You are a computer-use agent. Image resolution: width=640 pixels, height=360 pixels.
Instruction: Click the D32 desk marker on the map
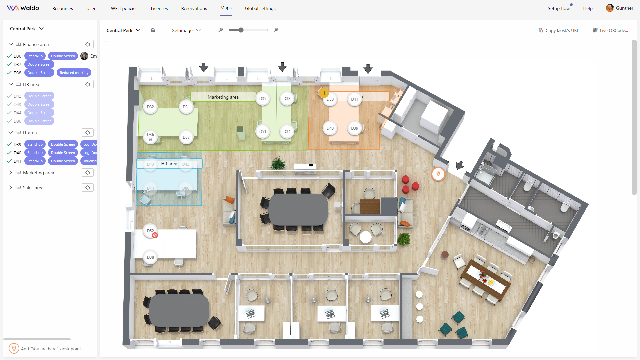[150, 107]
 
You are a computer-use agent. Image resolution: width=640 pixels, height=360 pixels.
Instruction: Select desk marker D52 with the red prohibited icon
[150, 231]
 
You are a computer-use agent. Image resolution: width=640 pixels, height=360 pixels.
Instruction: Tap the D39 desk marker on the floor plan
[354, 128]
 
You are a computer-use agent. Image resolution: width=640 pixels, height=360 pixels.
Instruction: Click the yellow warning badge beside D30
[324, 93]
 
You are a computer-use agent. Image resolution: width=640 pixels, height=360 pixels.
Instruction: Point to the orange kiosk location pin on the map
[438, 174]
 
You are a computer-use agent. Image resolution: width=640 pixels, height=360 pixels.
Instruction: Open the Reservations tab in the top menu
[194, 8]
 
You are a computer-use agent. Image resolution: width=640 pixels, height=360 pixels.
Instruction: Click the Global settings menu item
[260, 8]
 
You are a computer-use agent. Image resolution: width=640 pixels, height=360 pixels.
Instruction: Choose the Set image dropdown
[186, 30]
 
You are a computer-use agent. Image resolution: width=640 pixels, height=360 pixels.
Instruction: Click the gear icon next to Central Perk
[153, 30]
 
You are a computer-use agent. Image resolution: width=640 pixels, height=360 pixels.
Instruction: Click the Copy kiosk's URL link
[559, 30]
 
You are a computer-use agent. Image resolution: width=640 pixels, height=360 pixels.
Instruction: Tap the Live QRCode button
[610, 30]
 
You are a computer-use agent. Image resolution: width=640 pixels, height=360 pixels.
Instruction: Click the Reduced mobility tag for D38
[74, 73]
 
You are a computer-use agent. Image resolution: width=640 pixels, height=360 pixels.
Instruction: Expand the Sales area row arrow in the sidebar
[11, 188]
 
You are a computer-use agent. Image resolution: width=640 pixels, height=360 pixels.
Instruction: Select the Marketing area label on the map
[223, 97]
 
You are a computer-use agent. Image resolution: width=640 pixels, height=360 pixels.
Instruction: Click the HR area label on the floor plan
[169, 164]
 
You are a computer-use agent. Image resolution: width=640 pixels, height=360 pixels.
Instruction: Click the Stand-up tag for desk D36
[35, 56]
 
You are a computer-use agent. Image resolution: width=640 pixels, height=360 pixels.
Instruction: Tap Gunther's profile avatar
[610, 8]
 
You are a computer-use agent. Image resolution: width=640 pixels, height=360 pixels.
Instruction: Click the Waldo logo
[23, 8]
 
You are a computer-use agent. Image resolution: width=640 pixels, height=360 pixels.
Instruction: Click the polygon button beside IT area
[88, 133]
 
